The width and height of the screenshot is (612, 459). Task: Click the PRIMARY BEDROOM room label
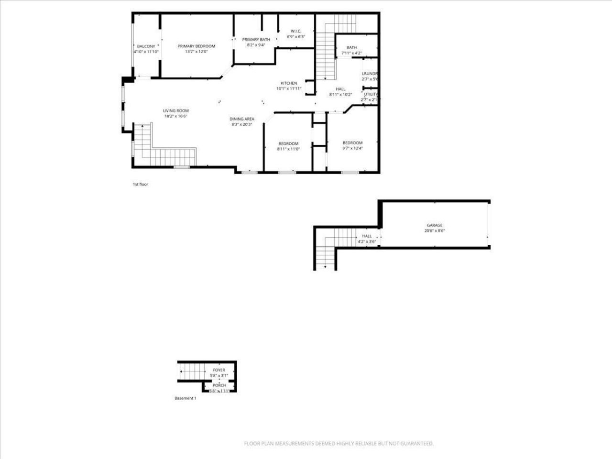point(196,46)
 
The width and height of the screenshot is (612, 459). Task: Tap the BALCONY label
point(146,46)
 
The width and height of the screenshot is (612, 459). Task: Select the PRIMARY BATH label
point(256,40)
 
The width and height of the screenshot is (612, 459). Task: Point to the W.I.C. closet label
point(295,31)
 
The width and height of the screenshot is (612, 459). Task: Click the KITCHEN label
point(289,83)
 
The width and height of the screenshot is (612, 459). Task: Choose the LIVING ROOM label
point(175,110)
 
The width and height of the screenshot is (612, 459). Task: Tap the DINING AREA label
point(241,119)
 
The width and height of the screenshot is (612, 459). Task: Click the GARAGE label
point(434,225)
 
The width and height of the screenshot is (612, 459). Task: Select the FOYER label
point(219,370)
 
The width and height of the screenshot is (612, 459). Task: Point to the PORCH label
point(219,385)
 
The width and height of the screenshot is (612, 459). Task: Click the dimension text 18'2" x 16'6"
point(175,116)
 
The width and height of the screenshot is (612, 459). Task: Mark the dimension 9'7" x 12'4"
point(352,148)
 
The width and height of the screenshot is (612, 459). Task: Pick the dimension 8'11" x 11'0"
point(288,149)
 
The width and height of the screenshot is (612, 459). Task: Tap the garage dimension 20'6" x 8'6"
point(434,231)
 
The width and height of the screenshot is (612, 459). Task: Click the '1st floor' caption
point(140,184)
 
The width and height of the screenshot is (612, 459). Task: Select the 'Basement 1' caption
point(185,398)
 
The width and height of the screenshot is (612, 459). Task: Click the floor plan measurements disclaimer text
point(339,444)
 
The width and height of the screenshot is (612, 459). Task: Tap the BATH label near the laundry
point(351,47)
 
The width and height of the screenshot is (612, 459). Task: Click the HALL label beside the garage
point(367,236)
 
